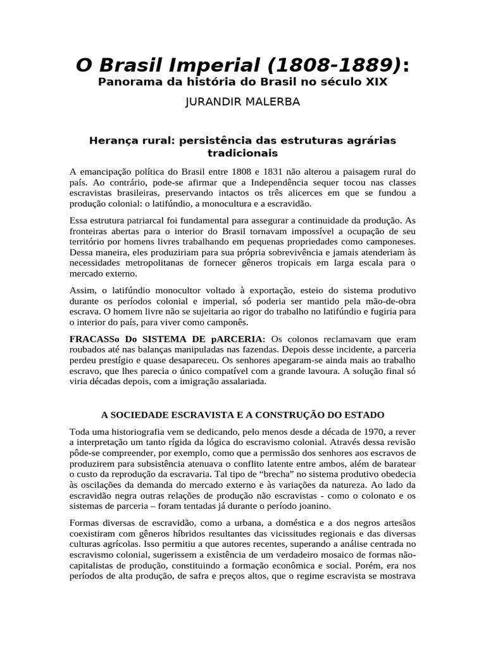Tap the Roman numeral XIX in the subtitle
click(x=375, y=82)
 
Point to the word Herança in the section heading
click(x=113, y=140)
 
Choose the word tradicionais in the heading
click(x=242, y=153)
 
